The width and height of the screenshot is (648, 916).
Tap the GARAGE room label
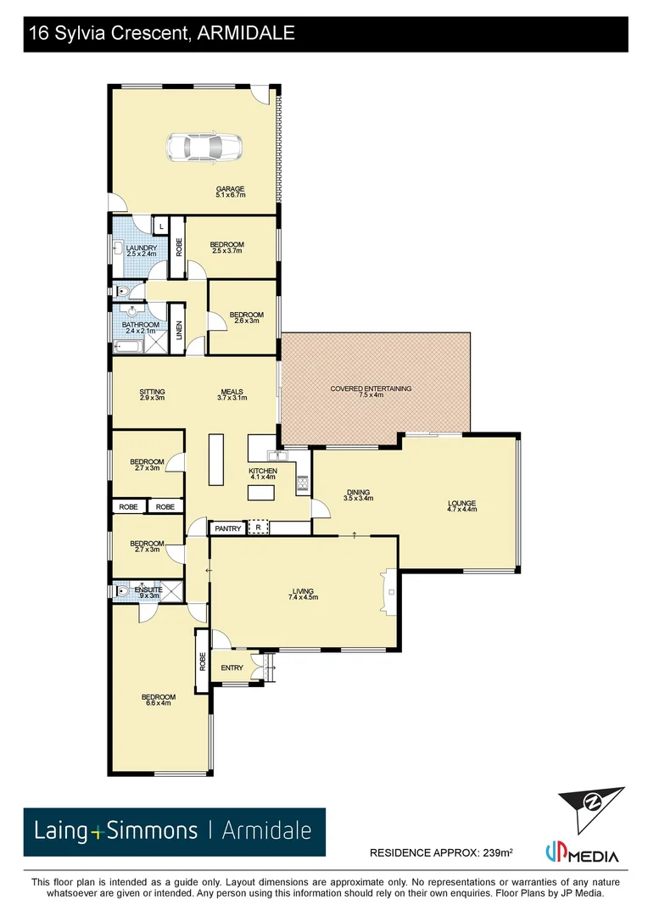(230, 189)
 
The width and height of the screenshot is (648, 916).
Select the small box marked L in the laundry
(160, 226)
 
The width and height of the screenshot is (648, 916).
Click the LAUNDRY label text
(136, 248)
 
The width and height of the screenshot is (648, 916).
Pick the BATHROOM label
(140, 325)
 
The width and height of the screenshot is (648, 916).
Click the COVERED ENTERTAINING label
(371, 388)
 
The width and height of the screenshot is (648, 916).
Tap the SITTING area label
(153, 392)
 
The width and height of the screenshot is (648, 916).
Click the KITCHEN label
(263, 471)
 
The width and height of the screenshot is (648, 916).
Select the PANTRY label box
(228, 528)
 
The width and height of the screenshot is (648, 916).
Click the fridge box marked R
(258, 528)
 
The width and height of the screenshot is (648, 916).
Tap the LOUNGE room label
(462, 503)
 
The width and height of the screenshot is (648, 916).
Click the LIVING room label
(303, 591)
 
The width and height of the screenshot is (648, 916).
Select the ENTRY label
(232, 667)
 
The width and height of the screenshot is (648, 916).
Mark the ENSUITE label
(148, 589)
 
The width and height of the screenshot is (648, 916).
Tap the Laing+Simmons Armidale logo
(174, 831)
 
